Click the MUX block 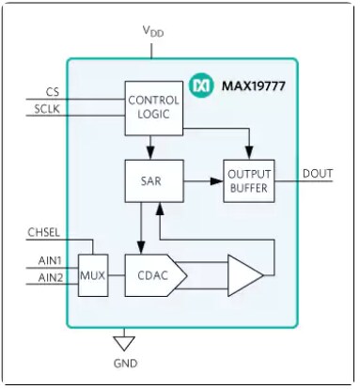(x=92, y=275)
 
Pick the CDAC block (x=153, y=275)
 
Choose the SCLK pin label (x=47, y=110)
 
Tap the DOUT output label (x=317, y=173)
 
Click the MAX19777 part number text (x=256, y=86)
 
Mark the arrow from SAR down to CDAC (x=141, y=225)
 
